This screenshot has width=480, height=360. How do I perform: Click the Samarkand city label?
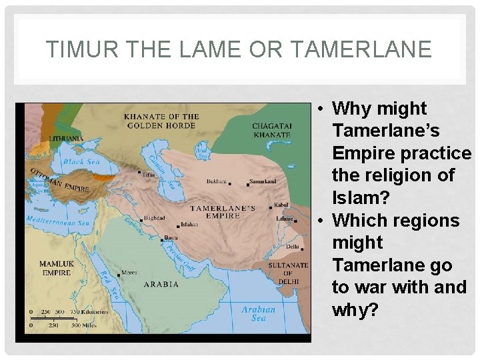click(263, 181)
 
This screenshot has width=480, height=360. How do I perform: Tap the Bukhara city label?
click(217, 181)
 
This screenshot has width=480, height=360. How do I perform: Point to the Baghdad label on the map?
click(154, 218)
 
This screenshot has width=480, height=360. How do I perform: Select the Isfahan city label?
click(189, 225)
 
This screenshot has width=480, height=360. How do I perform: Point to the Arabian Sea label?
click(258, 313)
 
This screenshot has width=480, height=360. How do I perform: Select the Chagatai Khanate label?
click(271, 130)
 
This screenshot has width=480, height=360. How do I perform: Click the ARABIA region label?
click(161, 284)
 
